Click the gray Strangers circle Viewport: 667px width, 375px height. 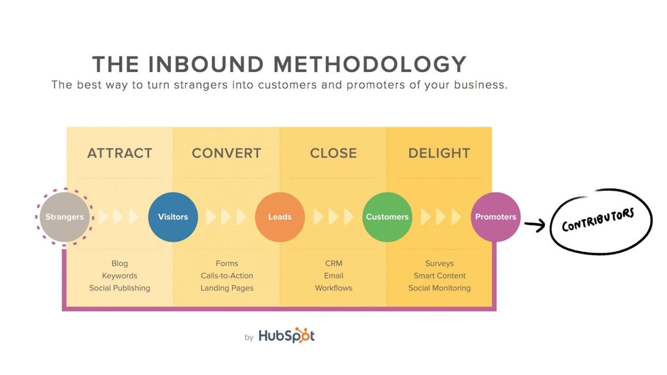click(65, 217)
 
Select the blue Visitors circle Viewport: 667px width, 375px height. click(172, 217)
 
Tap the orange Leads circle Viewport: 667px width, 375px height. click(280, 217)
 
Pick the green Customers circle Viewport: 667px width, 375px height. click(387, 217)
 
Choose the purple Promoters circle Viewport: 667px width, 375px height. click(495, 217)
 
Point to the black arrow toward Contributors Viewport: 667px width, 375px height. click(535, 224)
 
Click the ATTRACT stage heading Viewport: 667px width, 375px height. click(119, 153)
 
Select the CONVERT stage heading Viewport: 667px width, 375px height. click(226, 153)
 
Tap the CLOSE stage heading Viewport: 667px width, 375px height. click(333, 153)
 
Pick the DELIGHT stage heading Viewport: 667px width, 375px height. click(439, 153)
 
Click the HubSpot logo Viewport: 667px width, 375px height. click(286, 336)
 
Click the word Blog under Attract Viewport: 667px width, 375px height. click(119, 264)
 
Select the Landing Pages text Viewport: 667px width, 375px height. click(227, 288)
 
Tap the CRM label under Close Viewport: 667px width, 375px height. click(333, 264)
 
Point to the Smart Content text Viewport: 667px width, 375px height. click(439, 276)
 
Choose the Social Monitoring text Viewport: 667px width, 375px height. click(439, 288)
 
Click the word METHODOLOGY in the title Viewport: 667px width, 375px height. click(370, 64)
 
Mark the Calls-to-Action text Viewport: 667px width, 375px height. click(227, 276)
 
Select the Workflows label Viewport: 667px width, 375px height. click(333, 288)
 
